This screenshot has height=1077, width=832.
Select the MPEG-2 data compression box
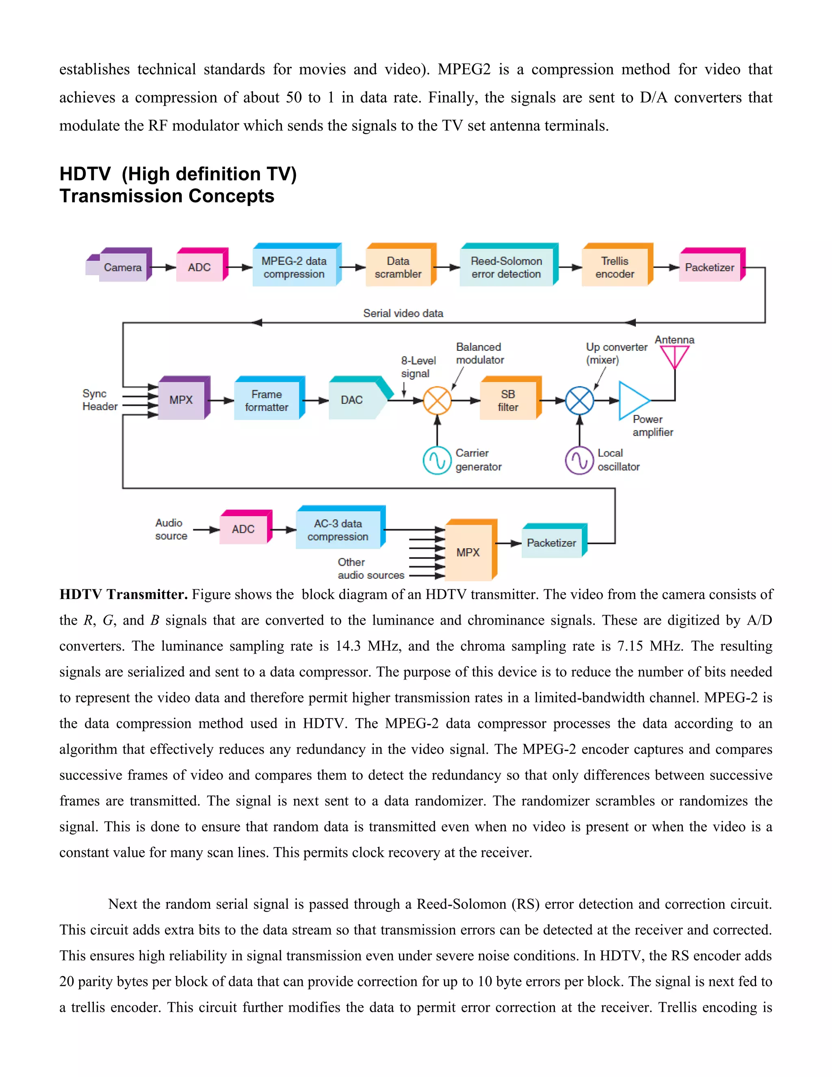[294, 267]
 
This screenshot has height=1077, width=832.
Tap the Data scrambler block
[398, 267]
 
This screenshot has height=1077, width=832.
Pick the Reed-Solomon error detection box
[506, 267]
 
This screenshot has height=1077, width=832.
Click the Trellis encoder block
[615, 267]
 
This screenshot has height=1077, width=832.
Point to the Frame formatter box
[266, 400]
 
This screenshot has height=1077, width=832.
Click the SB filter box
[508, 400]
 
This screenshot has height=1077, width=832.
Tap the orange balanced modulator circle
[437, 400]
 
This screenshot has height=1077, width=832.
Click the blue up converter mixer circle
[580, 400]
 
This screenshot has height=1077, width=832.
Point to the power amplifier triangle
[632, 400]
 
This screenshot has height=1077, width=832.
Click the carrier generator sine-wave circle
[437, 460]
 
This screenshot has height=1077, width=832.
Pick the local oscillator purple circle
[579, 460]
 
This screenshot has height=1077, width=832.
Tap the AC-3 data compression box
[338, 530]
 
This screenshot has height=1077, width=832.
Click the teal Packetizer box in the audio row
[552, 543]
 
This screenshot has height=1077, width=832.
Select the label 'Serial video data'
[403, 313]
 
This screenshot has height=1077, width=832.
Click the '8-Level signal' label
[418, 367]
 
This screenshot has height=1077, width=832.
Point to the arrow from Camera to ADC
[164, 267]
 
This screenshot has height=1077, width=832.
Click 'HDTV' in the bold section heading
[85, 174]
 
